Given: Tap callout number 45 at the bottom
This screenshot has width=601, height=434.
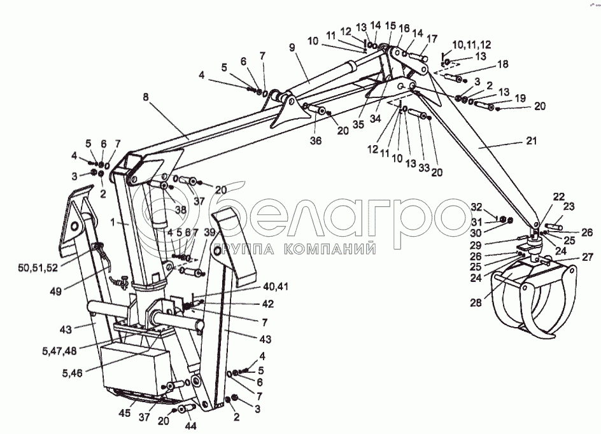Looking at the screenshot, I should click(126, 414).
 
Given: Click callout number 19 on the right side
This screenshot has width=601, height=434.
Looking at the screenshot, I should click(521, 97).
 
